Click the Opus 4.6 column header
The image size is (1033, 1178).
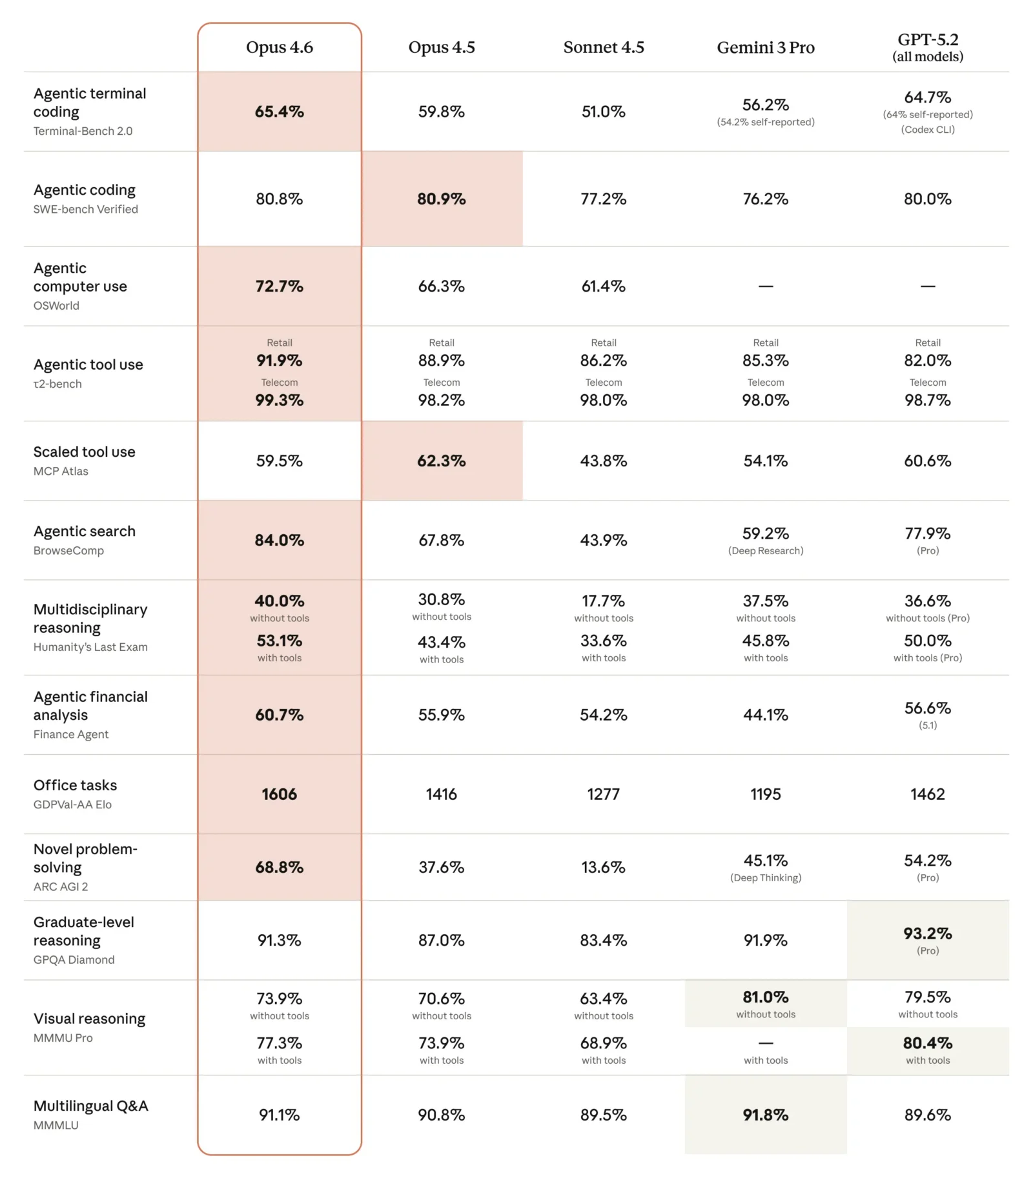point(279,47)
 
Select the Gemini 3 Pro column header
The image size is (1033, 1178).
point(765,47)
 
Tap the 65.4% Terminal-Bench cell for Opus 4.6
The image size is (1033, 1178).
point(279,112)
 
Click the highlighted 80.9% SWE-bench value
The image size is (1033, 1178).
point(441,199)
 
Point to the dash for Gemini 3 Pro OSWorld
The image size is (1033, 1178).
point(765,286)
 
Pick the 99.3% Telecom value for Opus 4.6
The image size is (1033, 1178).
point(279,400)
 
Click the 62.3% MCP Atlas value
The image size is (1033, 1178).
point(441,461)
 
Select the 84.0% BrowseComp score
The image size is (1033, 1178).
point(279,540)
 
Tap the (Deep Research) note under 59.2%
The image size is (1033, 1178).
point(765,550)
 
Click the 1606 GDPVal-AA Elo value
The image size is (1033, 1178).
point(279,794)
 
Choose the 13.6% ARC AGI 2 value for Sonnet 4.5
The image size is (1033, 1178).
point(603,867)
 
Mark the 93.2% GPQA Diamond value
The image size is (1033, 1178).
point(927,933)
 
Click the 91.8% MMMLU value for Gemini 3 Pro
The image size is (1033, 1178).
point(765,1115)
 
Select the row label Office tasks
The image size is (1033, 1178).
point(75,785)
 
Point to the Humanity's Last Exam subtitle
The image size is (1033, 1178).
point(90,647)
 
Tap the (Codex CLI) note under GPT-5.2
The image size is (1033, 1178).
point(927,130)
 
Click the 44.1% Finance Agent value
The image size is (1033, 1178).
point(765,715)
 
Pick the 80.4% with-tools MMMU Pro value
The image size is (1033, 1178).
point(927,1043)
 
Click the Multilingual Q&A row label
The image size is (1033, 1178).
point(90,1106)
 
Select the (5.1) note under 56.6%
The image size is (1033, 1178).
point(927,725)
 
